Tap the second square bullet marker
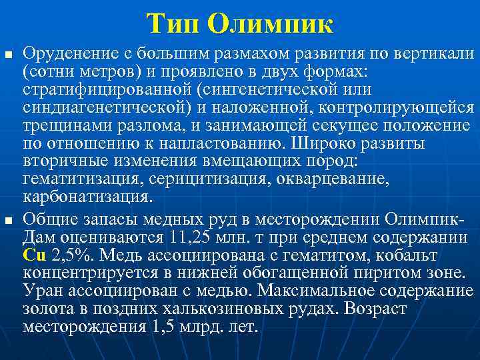tap(8, 220)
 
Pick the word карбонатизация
tap(87, 197)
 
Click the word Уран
tap(42, 291)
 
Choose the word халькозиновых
tap(207, 309)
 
